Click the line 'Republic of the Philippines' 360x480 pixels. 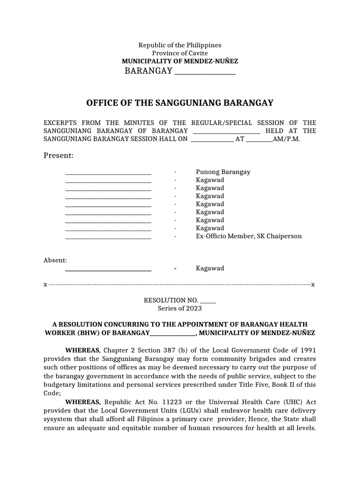pyautogui.click(x=180, y=45)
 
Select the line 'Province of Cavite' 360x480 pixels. pyautogui.click(x=180, y=53)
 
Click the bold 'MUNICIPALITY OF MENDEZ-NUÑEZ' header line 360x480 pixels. pyautogui.click(x=180, y=61)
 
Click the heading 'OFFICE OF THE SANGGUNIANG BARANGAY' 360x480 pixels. pyautogui.click(x=180, y=103)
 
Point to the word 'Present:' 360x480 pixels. pyautogui.click(x=59, y=155)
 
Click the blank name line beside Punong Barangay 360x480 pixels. pyautogui.click(x=108, y=172)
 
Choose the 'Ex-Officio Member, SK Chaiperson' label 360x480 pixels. pyautogui.click(x=248, y=236)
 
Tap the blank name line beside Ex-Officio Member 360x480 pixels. pyautogui.click(x=108, y=237)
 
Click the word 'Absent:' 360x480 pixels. pyautogui.click(x=55, y=260)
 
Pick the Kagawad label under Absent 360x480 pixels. pyautogui.click(x=210, y=268)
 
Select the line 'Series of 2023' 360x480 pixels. pyautogui.click(x=180, y=308)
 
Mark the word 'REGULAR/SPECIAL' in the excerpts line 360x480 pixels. pyautogui.click(x=226, y=122)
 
